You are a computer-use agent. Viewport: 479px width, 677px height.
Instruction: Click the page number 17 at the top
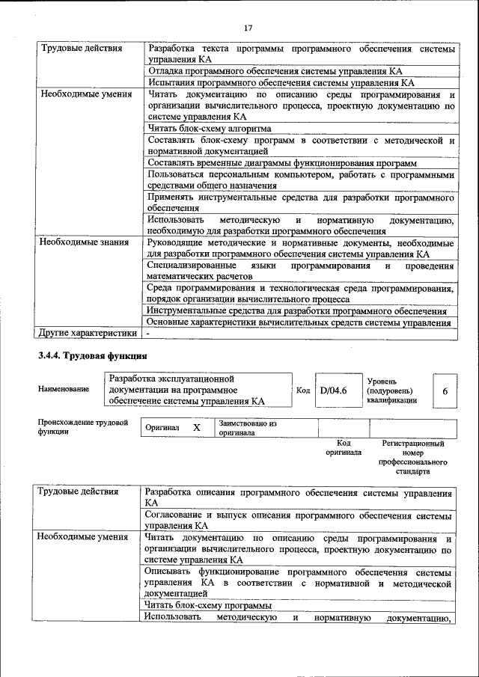(248, 28)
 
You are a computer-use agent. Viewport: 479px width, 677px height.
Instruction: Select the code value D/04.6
(333, 390)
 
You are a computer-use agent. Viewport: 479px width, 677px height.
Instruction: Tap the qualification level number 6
(445, 391)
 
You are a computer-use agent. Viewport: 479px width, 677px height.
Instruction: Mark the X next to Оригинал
(196, 427)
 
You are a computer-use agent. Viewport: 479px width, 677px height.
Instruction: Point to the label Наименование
(64, 389)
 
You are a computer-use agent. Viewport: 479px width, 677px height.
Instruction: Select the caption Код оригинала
(344, 447)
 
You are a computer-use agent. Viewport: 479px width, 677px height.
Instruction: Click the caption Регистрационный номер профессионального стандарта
(413, 458)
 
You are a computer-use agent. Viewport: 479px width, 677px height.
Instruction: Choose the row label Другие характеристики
(88, 333)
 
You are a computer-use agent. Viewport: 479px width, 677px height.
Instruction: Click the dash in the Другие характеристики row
(148, 333)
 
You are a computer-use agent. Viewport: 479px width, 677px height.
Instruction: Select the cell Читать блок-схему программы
(209, 605)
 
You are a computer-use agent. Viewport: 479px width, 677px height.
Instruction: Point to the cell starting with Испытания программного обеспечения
(281, 83)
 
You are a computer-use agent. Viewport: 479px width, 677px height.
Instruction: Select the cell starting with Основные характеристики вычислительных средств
(299, 322)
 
